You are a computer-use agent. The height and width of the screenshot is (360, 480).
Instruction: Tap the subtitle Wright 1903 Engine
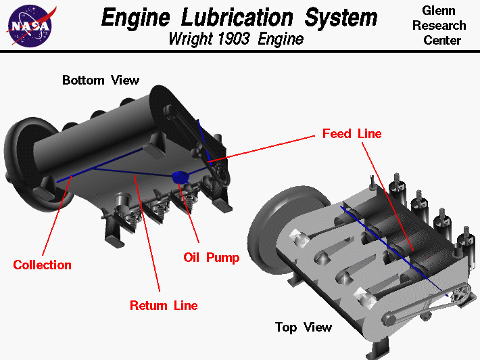click(236, 39)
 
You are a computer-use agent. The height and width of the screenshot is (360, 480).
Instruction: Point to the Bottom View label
click(101, 80)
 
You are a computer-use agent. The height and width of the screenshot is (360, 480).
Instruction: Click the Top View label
click(304, 328)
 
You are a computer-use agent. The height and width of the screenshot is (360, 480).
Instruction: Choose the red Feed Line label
click(352, 133)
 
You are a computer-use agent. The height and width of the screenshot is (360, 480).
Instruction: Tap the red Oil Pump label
click(211, 257)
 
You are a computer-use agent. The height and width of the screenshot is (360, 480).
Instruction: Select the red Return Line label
click(164, 305)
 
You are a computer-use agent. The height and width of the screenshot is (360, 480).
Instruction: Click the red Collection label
click(42, 265)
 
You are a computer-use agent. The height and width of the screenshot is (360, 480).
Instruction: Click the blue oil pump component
click(181, 177)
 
